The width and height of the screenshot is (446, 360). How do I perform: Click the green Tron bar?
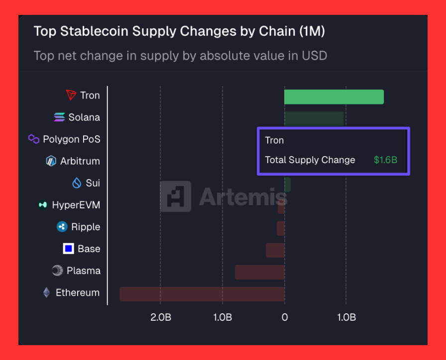[x=334, y=97]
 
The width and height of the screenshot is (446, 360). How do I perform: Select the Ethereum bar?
[x=202, y=294]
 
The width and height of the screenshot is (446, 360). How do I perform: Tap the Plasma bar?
[x=259, y=272]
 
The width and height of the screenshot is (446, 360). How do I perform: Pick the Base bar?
[x=275, y=250]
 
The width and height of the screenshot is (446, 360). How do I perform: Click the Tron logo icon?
[x=72, y=95]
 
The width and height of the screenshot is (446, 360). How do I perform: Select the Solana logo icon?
[x=59, y=117]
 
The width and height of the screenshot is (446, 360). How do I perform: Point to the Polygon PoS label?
[x=71, y=139]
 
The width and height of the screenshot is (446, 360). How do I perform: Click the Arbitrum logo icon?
[x=51, y=161]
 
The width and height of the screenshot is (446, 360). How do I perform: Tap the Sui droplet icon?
[x=77, y=183]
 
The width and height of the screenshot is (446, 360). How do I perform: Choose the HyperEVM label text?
[x=76, y=205]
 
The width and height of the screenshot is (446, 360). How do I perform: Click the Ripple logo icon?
[x=62, y=227]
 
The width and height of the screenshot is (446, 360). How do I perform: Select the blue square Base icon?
[x=69, y=249]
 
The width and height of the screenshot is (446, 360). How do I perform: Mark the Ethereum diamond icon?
[x=46, y=292]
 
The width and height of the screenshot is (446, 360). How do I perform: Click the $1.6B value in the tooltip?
[x=385, y=160]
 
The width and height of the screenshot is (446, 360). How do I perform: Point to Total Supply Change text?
[x=310, y=160]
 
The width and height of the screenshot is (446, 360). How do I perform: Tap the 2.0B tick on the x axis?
[x=160, y=317]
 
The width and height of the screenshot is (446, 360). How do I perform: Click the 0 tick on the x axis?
[x=284, y=317]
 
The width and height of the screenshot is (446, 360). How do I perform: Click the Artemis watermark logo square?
[x=175, y=196]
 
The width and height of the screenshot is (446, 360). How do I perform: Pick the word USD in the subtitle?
[x=315, y=56]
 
